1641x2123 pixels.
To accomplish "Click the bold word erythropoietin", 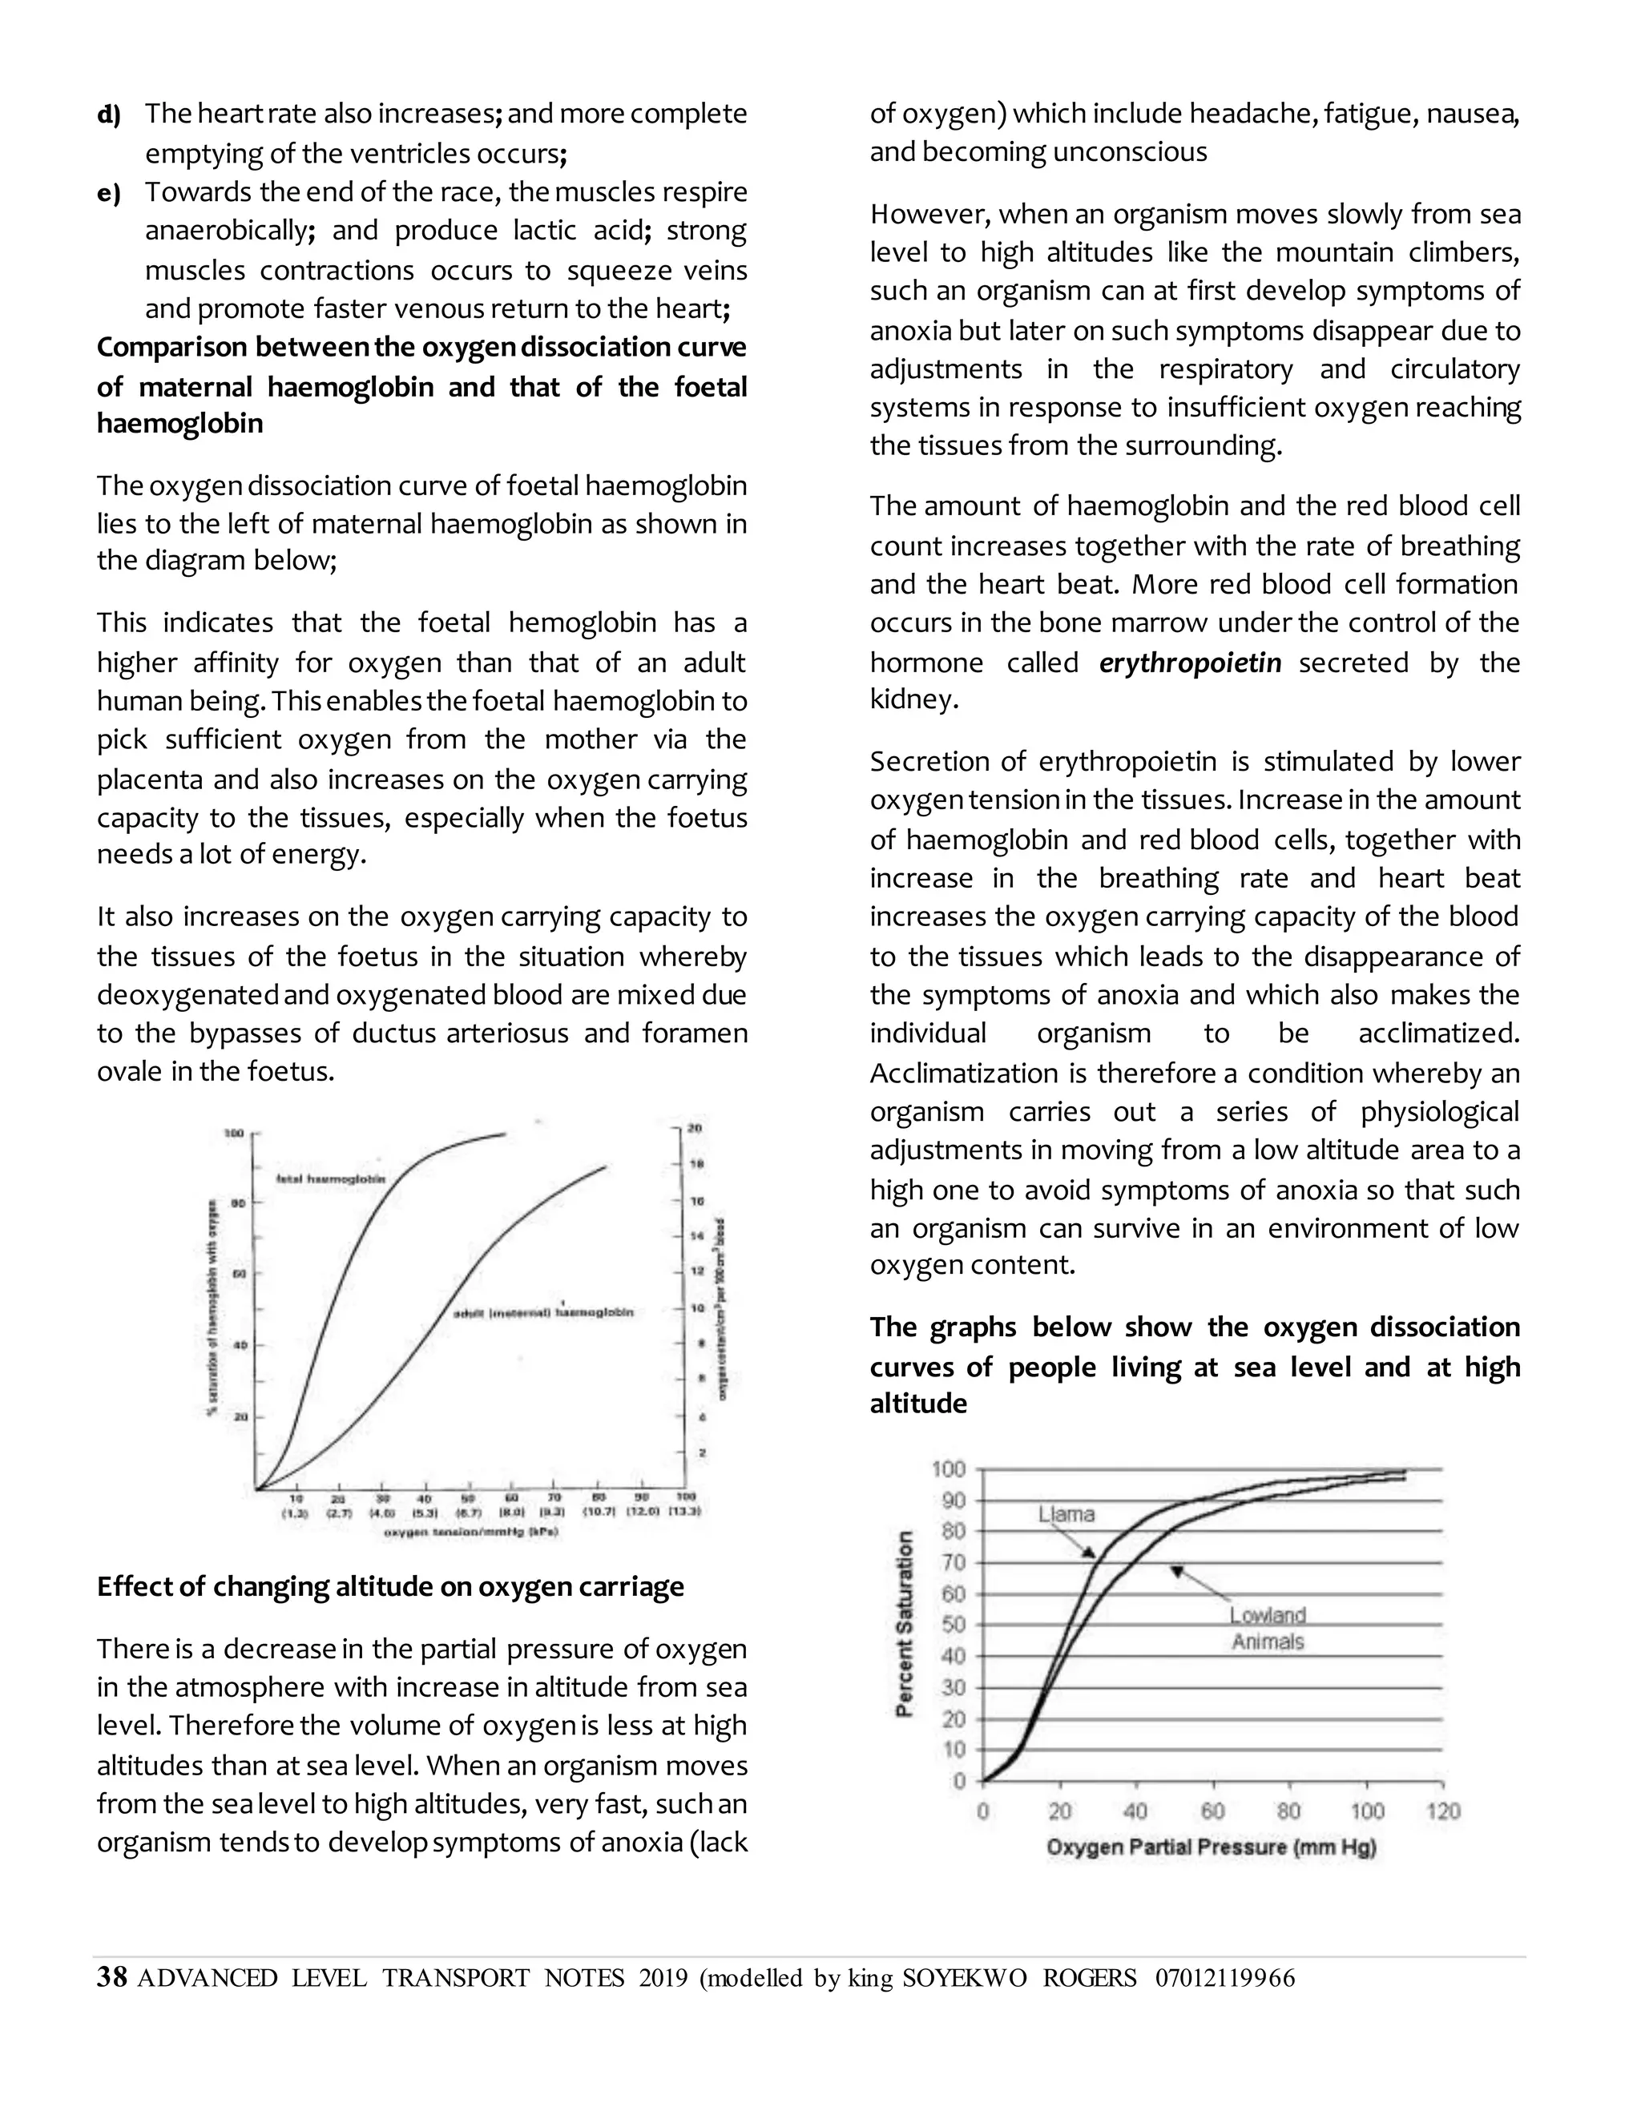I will click(1190, 663).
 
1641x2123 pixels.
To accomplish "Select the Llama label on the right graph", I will click(1066, 1513).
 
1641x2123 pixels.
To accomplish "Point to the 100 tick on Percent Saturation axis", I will click(948, 1468).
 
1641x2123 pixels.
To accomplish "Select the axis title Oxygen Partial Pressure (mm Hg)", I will click(1212, 1847).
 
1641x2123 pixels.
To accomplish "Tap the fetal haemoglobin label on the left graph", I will click(331, 1179).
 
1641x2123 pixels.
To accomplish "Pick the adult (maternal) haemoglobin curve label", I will click(543, 1312).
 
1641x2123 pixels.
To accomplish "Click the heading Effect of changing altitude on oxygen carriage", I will click(390, 1587).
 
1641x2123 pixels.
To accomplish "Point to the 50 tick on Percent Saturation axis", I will click(953, 1625).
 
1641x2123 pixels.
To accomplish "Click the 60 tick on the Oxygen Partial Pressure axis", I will click(1212, 1812).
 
